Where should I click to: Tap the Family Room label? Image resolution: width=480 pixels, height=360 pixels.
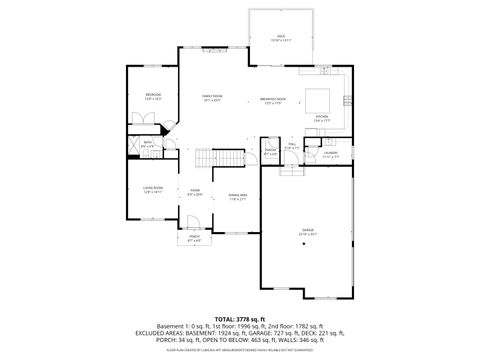pos(211,97)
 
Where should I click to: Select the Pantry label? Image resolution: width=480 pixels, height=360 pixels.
pos(270,151)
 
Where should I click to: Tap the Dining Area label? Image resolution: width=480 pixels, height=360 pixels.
pos(237,196)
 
